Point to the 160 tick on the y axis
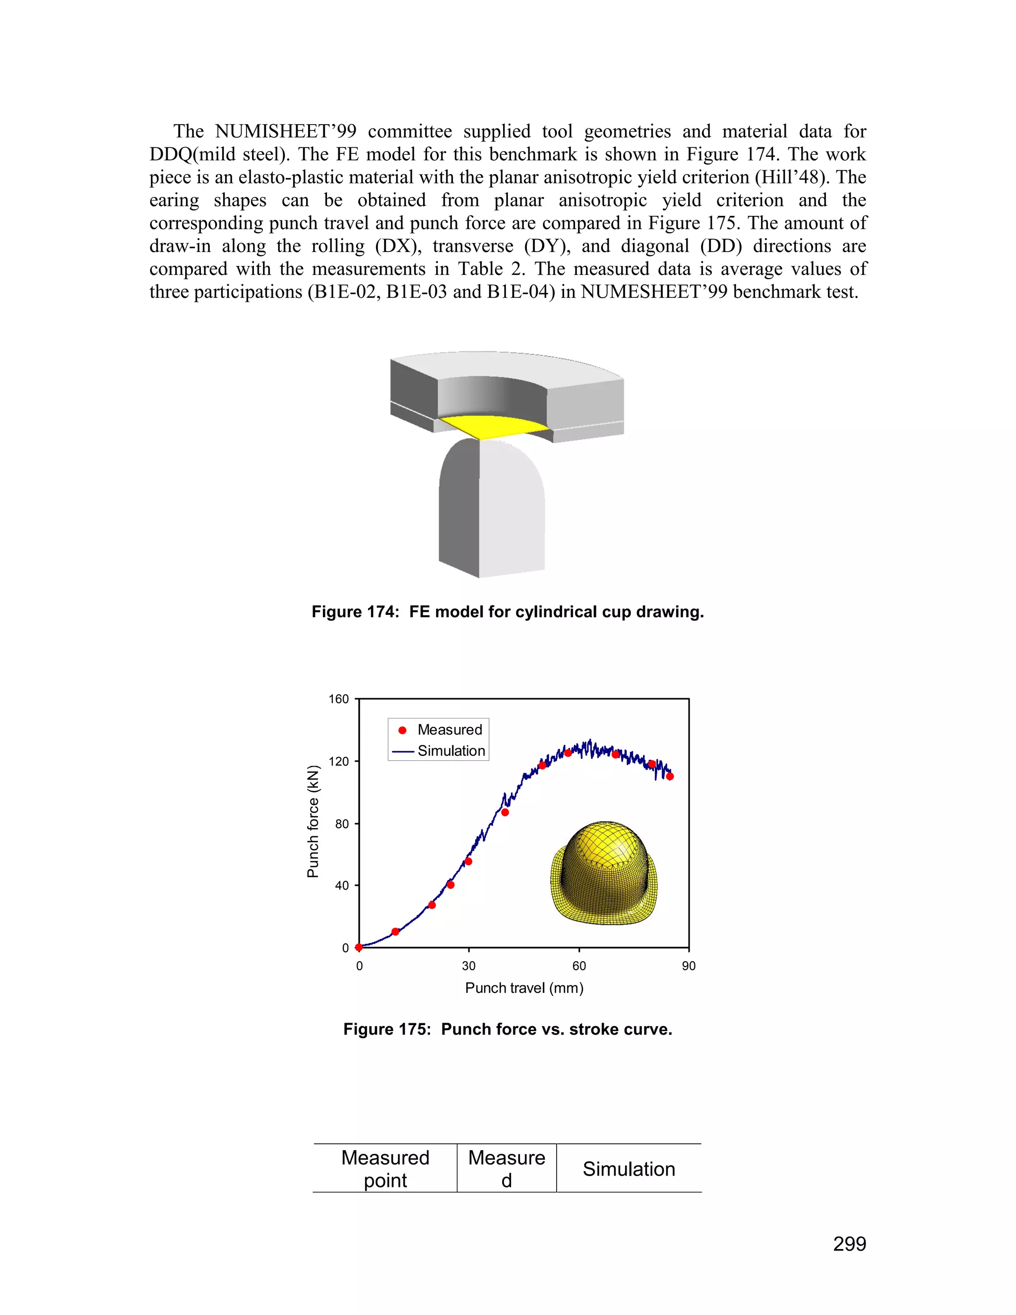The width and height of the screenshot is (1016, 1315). [x=339, y=699]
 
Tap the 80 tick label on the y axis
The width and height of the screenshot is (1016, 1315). [x=342, y=824]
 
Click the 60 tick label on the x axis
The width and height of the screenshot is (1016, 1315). [x=579, y=966]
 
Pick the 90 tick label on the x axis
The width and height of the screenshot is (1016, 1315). [x=689, y=966]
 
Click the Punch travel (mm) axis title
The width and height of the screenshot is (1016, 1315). [x=524, y=988]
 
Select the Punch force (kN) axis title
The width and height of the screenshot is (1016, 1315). [x=313, y=822]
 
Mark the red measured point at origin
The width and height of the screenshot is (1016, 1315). [x=359, y=947]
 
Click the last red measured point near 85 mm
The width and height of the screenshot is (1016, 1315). [x=670, y=776]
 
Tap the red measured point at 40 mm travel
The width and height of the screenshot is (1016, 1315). [x=505, y=812]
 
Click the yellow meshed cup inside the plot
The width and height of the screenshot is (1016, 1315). [x=604, y=873]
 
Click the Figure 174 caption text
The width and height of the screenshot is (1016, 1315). [x=508, y=612]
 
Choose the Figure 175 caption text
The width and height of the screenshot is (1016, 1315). [x=508, y=1029]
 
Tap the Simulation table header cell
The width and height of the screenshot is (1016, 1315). [x=629, y=1169]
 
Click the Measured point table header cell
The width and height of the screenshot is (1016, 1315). [x=385, y=1169]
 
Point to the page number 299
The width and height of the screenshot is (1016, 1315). [x=849, y=1244]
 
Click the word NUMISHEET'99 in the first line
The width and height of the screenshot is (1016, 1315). [x=285, y=131]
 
